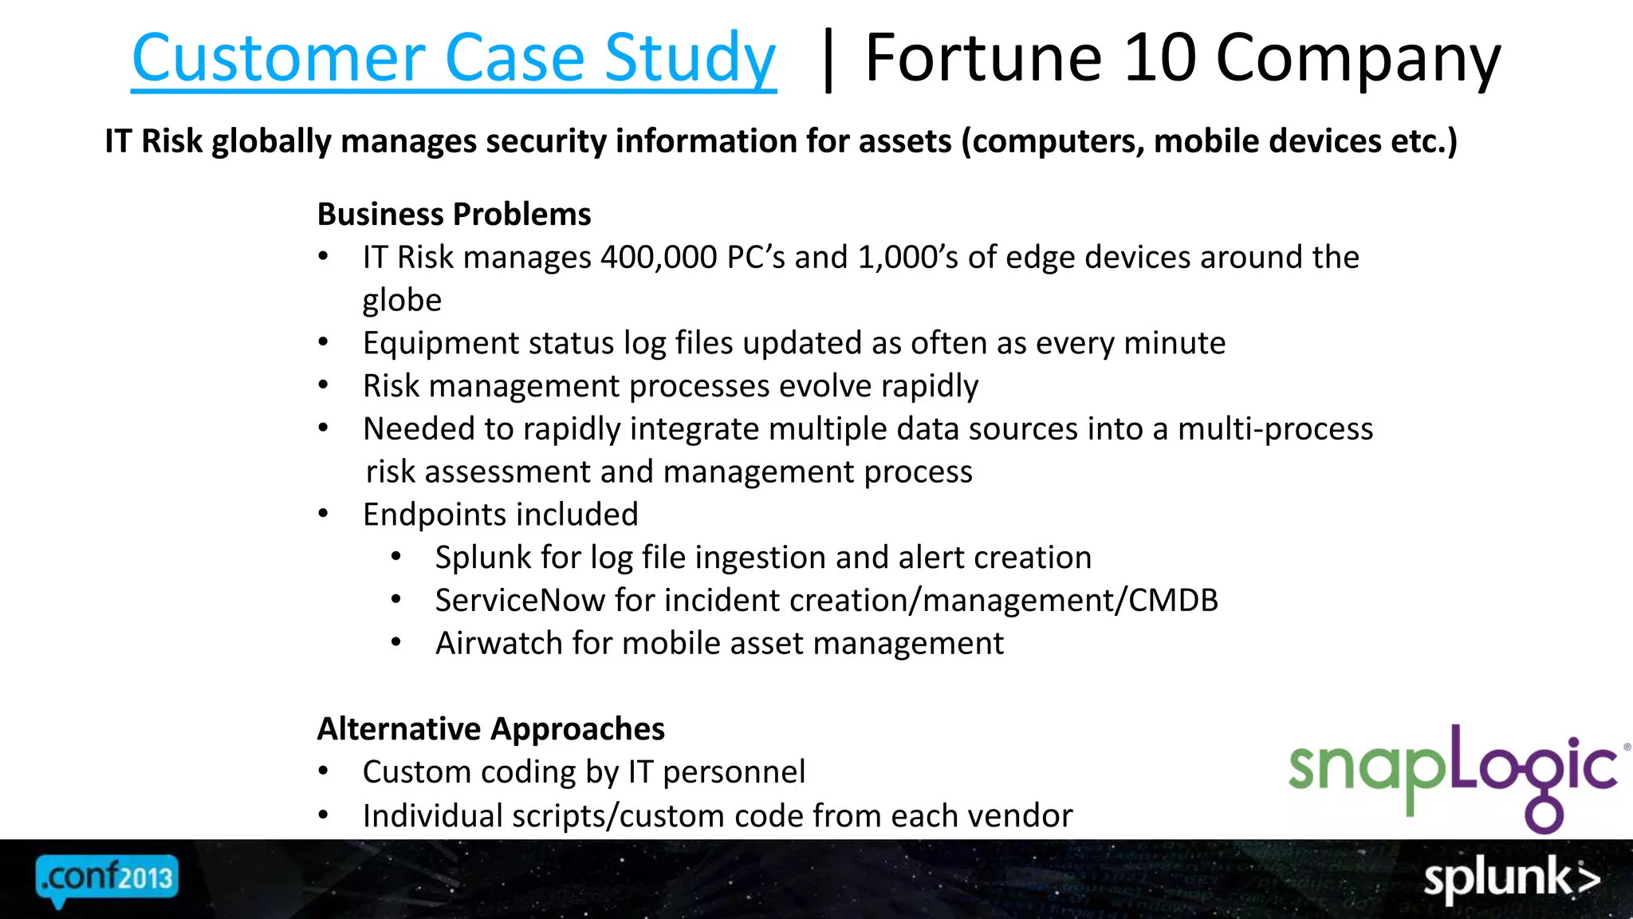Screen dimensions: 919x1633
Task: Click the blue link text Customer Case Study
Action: click(453, 59)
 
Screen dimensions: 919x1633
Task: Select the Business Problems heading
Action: click(454, 215)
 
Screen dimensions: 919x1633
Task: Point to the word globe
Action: click(402, 301)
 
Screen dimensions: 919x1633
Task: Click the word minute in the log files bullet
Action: click(1175, 343)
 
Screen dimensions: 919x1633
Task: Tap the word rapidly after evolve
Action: click(929, 387)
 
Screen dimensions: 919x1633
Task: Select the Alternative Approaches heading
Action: click(490, 729)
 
